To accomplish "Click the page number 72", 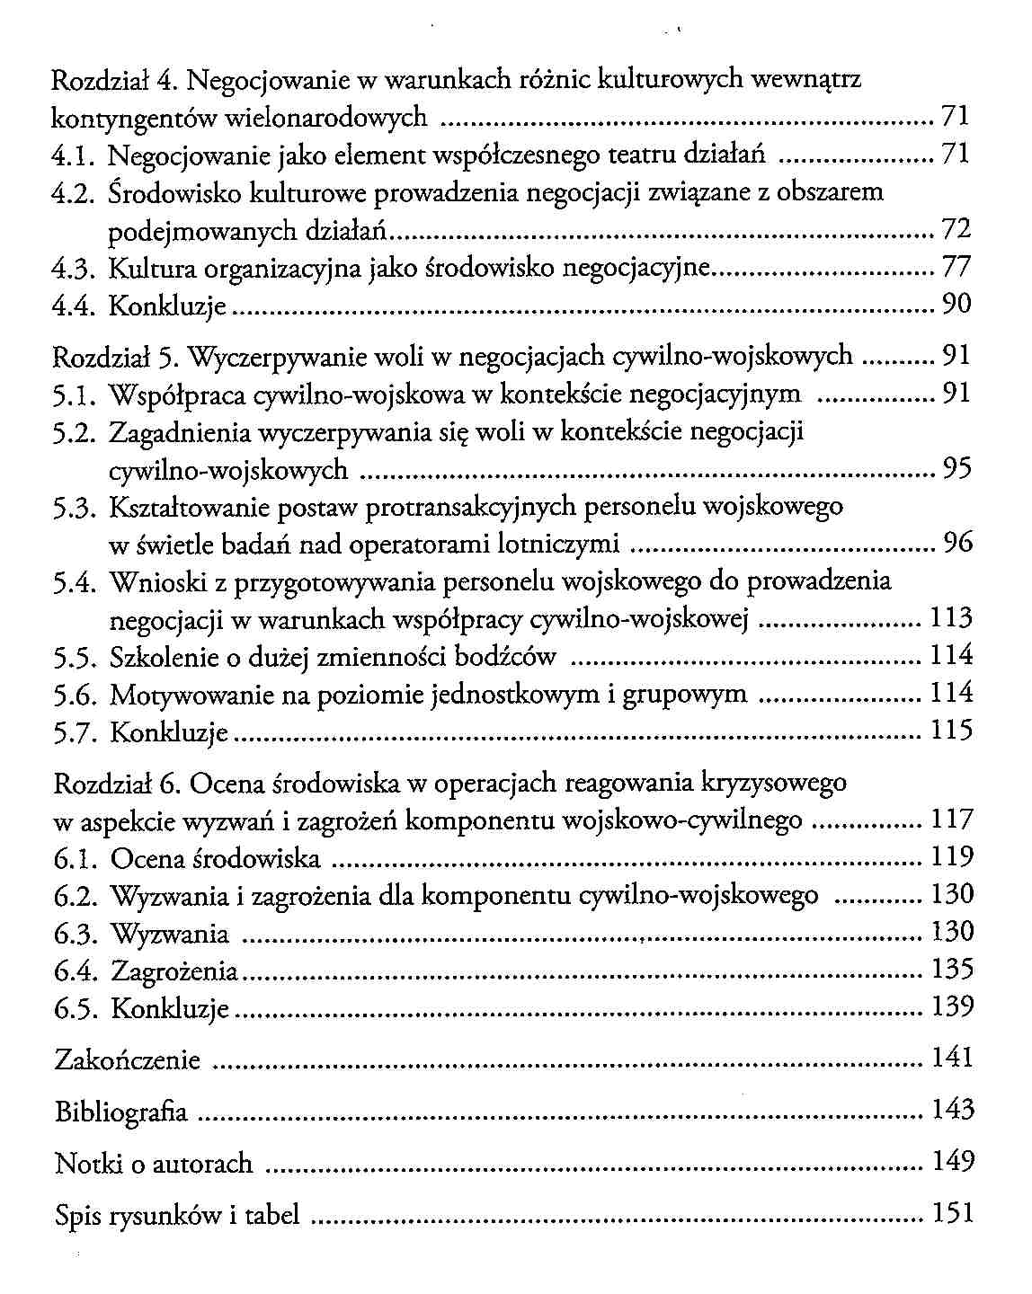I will click(956, 230).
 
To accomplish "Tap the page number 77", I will click(956, 268).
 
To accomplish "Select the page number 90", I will click(956, 306).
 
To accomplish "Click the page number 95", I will click(956, 468).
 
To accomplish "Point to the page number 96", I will click(956, 543).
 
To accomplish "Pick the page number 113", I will click(951, 618).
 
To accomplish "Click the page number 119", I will click(952, 856).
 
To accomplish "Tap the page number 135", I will click(952, 970).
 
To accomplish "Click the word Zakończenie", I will click(128, 1059).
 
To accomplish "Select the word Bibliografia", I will click(121, 1112).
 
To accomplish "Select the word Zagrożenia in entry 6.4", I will click(174, 971).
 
